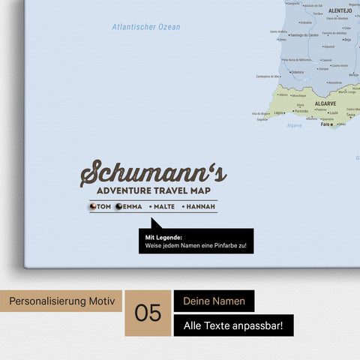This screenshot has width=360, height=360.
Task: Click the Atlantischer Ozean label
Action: pos(146,27)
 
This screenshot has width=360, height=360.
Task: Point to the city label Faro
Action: pos(325,124)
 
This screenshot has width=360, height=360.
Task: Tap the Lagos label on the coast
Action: pos(279,112)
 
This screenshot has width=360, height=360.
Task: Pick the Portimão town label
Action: pos(301,111)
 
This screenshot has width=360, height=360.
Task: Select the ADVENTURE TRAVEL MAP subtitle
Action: pos(153,191)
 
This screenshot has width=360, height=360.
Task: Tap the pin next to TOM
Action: pos(93,207)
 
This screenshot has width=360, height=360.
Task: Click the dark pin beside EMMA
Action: pos(118,207)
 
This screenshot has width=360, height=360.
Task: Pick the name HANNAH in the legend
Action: pos(199,207)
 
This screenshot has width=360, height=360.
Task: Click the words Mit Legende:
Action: pos(164,238)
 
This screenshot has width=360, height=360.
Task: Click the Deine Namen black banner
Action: pos(214,301)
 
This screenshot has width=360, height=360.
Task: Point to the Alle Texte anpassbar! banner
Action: pos(233,325)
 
